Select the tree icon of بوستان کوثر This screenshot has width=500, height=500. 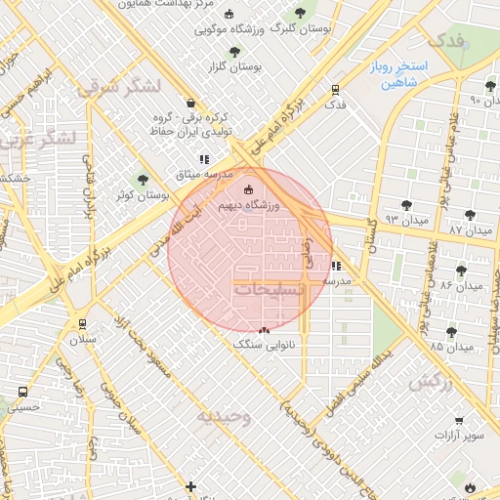pyautogui.click(x=144, y=180)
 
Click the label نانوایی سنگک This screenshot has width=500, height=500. pyautogui.click(x=264, y=345)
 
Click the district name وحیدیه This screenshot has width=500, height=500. pyautogui.click(x=225, y=416)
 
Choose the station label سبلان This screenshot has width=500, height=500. pyautogui.click(x=82, y=340)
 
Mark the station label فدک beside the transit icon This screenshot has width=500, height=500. pyautogui.click(x=335, y=104)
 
